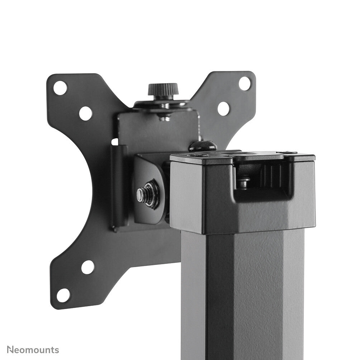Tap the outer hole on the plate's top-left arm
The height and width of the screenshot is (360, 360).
tap(60, 88)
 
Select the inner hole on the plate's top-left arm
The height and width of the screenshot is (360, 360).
tap(85, 113)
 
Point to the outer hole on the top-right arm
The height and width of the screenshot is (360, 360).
tap(245, 84)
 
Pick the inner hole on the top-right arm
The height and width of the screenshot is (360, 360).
tap(223, 108)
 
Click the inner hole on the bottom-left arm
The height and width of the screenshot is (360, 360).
tap(87, 267)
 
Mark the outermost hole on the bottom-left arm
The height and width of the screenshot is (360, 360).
tap(63, 295)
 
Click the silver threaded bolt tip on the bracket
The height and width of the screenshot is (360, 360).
tap(140, 194)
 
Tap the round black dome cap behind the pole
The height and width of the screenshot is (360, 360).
tap(203, 146)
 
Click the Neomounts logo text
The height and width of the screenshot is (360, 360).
tap(33, 350)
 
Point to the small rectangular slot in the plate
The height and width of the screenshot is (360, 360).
tap(114, 142)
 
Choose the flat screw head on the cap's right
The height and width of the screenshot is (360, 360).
tap(287, 153)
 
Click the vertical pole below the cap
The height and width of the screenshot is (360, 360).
tap(244, 294)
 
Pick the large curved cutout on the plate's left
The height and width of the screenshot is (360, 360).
tap(100, 201)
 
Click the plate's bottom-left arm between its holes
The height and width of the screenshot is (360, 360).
tap(75, 281)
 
